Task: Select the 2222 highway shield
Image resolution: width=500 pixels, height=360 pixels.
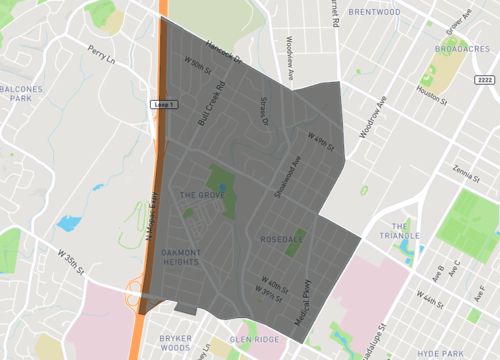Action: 486,79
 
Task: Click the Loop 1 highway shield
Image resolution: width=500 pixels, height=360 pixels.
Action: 163,103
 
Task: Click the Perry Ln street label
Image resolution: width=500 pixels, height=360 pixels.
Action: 102,54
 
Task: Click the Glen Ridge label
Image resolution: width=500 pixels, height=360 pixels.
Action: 254,340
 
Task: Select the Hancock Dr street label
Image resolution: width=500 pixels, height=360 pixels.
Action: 225,54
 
